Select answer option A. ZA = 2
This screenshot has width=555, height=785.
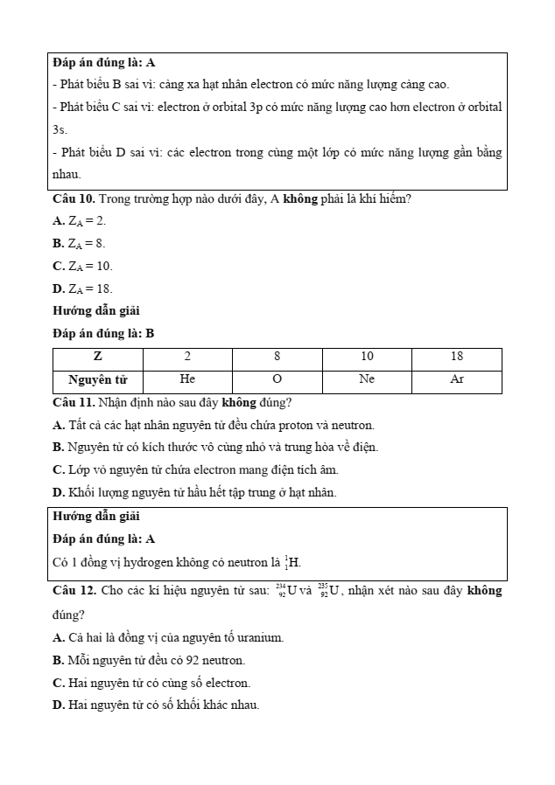80,221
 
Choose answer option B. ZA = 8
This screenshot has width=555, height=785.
79,244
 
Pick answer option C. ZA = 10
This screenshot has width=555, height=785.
82,266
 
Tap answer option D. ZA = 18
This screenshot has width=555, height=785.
82,288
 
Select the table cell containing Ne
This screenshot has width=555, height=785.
367,379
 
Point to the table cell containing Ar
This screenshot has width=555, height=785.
457,379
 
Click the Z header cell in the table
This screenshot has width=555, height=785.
97,358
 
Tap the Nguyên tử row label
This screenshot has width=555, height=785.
97,380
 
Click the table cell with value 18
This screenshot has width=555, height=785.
457,358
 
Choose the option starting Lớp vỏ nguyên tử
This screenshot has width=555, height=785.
194,469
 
